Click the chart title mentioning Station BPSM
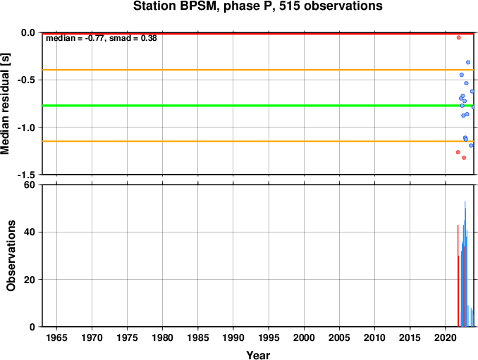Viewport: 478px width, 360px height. coord(257,6)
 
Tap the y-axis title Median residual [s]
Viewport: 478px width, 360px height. coord(5,104)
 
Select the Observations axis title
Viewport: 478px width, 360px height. coord(11,256)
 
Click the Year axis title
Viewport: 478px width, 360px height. coord(258,355)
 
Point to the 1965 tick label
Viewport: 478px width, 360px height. coord(56,337)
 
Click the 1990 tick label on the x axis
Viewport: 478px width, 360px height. coord(233,337)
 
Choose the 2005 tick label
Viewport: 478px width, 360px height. coord(339,337)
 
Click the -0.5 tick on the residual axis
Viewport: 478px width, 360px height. coord(27,80)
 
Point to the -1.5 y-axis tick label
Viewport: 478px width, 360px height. coord(27,175)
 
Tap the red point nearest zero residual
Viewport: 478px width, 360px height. coord(458,38)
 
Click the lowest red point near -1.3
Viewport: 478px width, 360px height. coord(464,158)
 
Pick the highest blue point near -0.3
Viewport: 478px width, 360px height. coord(468,63)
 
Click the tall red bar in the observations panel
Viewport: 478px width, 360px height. coord(458,275)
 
